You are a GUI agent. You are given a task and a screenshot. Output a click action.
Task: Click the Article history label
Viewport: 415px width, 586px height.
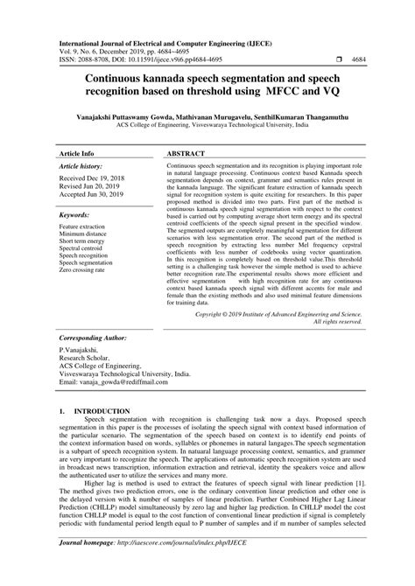pyautogui.click(x=82, y=165)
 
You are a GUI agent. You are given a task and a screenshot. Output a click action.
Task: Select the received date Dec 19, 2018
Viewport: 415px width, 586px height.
pyautogui.click(x=118, y=178)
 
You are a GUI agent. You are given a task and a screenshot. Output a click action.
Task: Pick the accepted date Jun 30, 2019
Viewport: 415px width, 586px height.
pyautogui.click(x=118, y=195)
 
